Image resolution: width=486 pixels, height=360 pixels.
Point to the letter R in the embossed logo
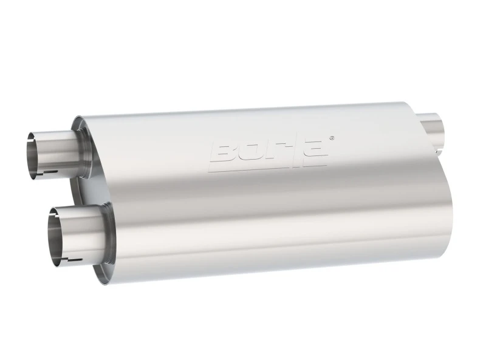click(x=272, y=154)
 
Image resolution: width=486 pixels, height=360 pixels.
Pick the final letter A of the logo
click(x=314, y=152)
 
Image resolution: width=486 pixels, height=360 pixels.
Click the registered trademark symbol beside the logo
click(x=330, y=138)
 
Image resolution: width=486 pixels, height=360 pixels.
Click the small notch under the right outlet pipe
click(x=439, y=148)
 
